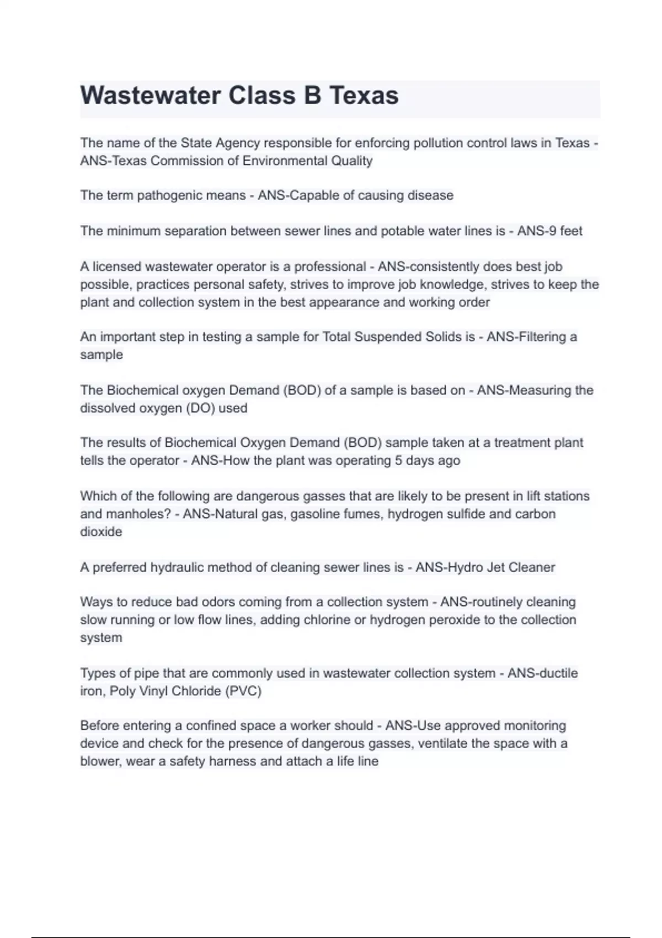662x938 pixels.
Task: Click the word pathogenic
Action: (x=171, y=195)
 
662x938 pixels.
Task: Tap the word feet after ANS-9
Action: (x=571, y=231)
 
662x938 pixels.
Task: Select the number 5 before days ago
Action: (x=398, y=460)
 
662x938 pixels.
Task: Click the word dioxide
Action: (x=101, y=531)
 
